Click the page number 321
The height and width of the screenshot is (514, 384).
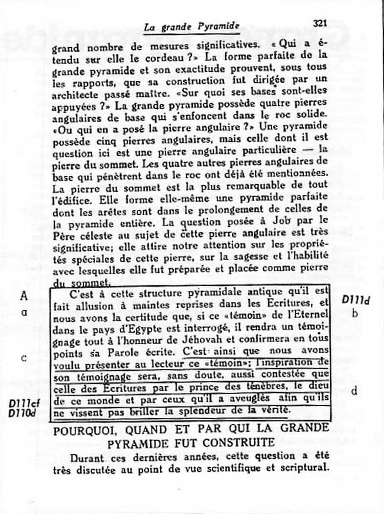[319, 23]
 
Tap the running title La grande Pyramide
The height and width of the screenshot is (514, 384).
[192, 27]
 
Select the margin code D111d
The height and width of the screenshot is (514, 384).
[356, 301]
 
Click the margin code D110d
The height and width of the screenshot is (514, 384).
[22, 412]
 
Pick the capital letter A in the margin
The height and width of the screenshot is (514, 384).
[24, 296]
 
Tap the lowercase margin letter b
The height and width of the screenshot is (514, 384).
[355, 313]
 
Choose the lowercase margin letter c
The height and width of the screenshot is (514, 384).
[24, 358]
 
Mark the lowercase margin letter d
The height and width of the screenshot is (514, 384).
[354, 391]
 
